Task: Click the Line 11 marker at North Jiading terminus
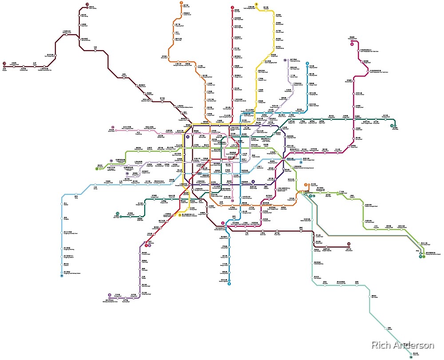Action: [x=87, y=5]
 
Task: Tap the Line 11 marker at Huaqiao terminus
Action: [x=4, y=64]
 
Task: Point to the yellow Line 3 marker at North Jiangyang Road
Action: [x=256, y=4]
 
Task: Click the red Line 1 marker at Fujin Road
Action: [x=232, y=8]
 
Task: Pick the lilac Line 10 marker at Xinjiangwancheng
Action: [x=285, y=60]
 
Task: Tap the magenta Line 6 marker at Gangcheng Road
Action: [x=352, y=44]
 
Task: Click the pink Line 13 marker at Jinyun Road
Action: [x=113, y=128]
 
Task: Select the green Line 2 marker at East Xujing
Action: [x=96, y=169]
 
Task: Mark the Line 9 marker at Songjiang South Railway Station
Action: [x=62, y=276]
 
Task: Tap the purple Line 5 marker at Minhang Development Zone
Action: [x=110, y=295]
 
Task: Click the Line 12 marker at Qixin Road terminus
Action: [x=117, y=213]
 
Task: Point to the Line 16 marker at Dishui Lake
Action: [x=411, y=357]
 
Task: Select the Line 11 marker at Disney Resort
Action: [x=349, y=244]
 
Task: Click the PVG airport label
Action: [x=417, y=252]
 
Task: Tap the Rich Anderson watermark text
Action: [x=402, y=345]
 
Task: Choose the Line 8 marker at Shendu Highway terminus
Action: [x=230, y=284]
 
